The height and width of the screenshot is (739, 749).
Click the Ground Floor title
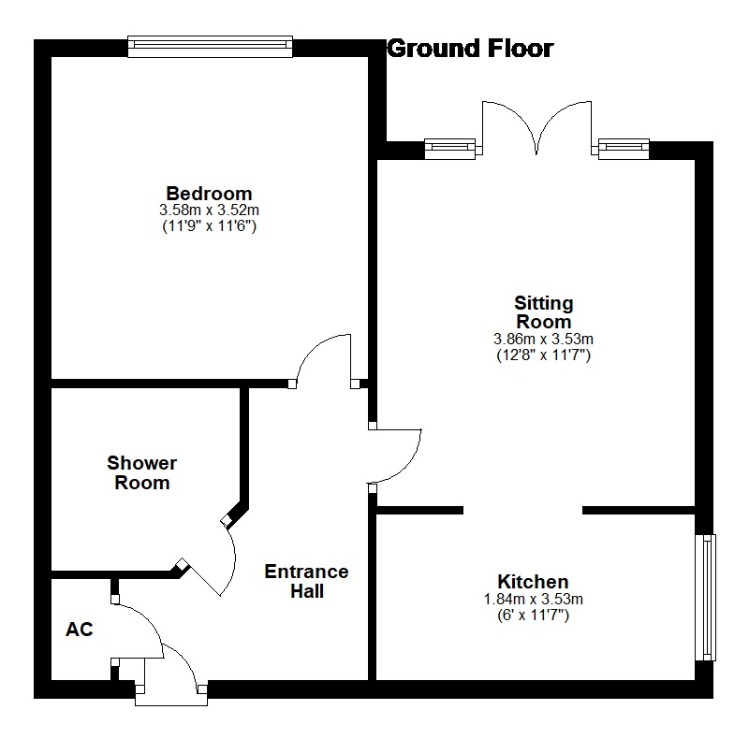click(x=471, y=49)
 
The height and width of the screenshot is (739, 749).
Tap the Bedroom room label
click(x=209, y=194)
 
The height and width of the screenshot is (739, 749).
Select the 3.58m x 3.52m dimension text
click(x=209, y=210)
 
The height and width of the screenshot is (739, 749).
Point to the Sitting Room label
click(x=544, y=312)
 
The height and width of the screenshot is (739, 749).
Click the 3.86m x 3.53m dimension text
click(x=544, y=339)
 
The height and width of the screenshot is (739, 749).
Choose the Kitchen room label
click(x=533, y=582)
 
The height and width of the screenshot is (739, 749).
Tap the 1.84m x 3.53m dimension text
click(x=533, y=599)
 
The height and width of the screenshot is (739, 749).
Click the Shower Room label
click(x=142, y=472)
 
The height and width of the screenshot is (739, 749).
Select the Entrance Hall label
click(x=307, y=581)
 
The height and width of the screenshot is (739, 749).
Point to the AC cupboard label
click(x=80, y=630)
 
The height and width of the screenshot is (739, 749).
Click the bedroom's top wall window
click(x=210, y=47)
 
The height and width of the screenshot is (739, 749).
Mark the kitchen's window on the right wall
click(x=706, y=597)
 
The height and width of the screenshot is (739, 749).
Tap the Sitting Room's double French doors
click(x=536, y=128)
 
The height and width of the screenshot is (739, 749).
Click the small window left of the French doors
click(x=450, y=149)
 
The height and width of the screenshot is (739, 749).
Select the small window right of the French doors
click(x=624, y=149)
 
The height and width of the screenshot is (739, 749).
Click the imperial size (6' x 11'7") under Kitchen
click(x=533, y=615)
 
